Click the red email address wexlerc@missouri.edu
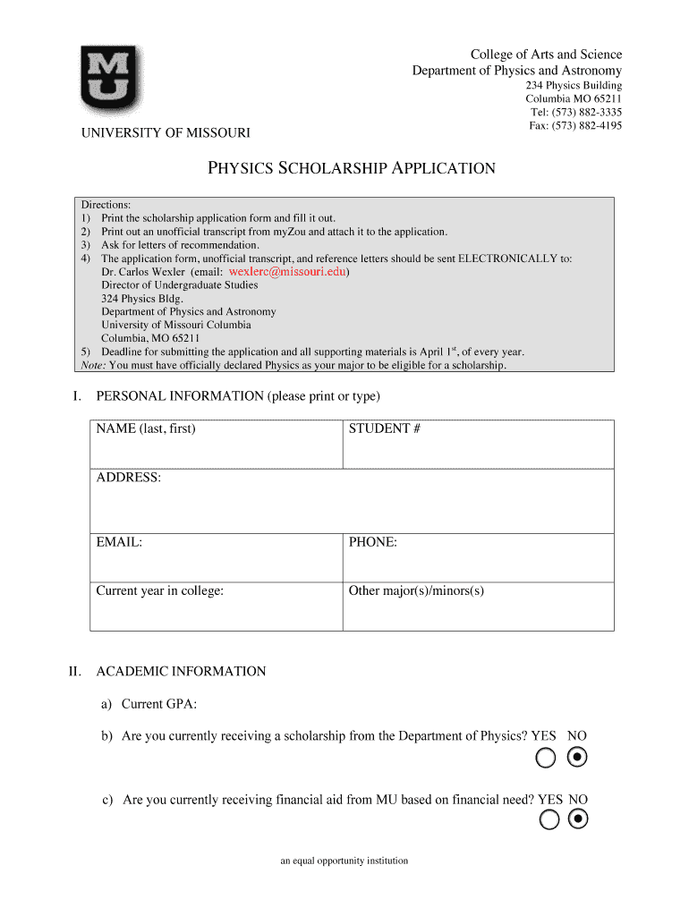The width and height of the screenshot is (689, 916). tap(287, 271)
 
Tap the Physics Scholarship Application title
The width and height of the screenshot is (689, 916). tap(351, 168)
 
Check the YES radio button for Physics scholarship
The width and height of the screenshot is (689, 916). tap(546, 759)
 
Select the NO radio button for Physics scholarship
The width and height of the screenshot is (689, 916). tap(578, 759)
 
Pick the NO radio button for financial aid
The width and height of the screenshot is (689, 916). tap(578, 819)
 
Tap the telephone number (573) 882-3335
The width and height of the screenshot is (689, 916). tap(577, 112)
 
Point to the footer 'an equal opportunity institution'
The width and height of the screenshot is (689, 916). tap(344, 861)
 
